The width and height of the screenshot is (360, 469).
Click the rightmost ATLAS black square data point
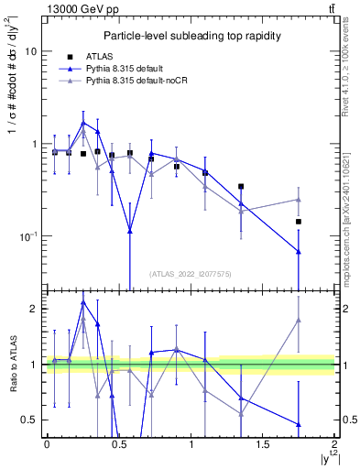(299, 222)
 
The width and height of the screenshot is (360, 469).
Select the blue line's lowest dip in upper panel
(130, 232)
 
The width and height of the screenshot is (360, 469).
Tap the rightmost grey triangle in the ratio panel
(299, 321)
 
